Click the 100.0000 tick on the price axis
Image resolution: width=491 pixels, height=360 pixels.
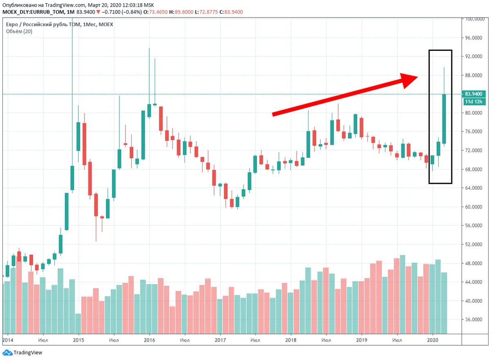(473, 19)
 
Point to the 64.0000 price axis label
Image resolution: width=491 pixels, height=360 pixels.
(473, 188)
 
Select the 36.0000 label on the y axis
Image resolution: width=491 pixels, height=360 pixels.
(473, 320)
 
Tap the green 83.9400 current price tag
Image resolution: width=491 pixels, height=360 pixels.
(473, 94)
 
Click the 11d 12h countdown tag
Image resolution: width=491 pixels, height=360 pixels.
(473, 102)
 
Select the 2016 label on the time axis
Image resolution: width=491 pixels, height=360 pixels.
(149, 340)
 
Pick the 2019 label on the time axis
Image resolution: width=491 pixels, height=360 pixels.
(361, 340)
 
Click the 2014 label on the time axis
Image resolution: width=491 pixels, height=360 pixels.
(8, 340)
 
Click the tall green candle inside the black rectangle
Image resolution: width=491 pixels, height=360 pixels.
(444, 119)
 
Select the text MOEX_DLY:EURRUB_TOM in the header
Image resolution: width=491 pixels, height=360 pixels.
(28, 12)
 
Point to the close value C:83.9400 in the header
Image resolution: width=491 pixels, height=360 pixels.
(231, 12)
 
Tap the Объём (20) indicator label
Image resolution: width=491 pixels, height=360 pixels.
(19, 32)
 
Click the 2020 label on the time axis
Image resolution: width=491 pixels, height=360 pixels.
(433, 340)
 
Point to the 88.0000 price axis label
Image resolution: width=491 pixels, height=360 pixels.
(473, 75)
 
